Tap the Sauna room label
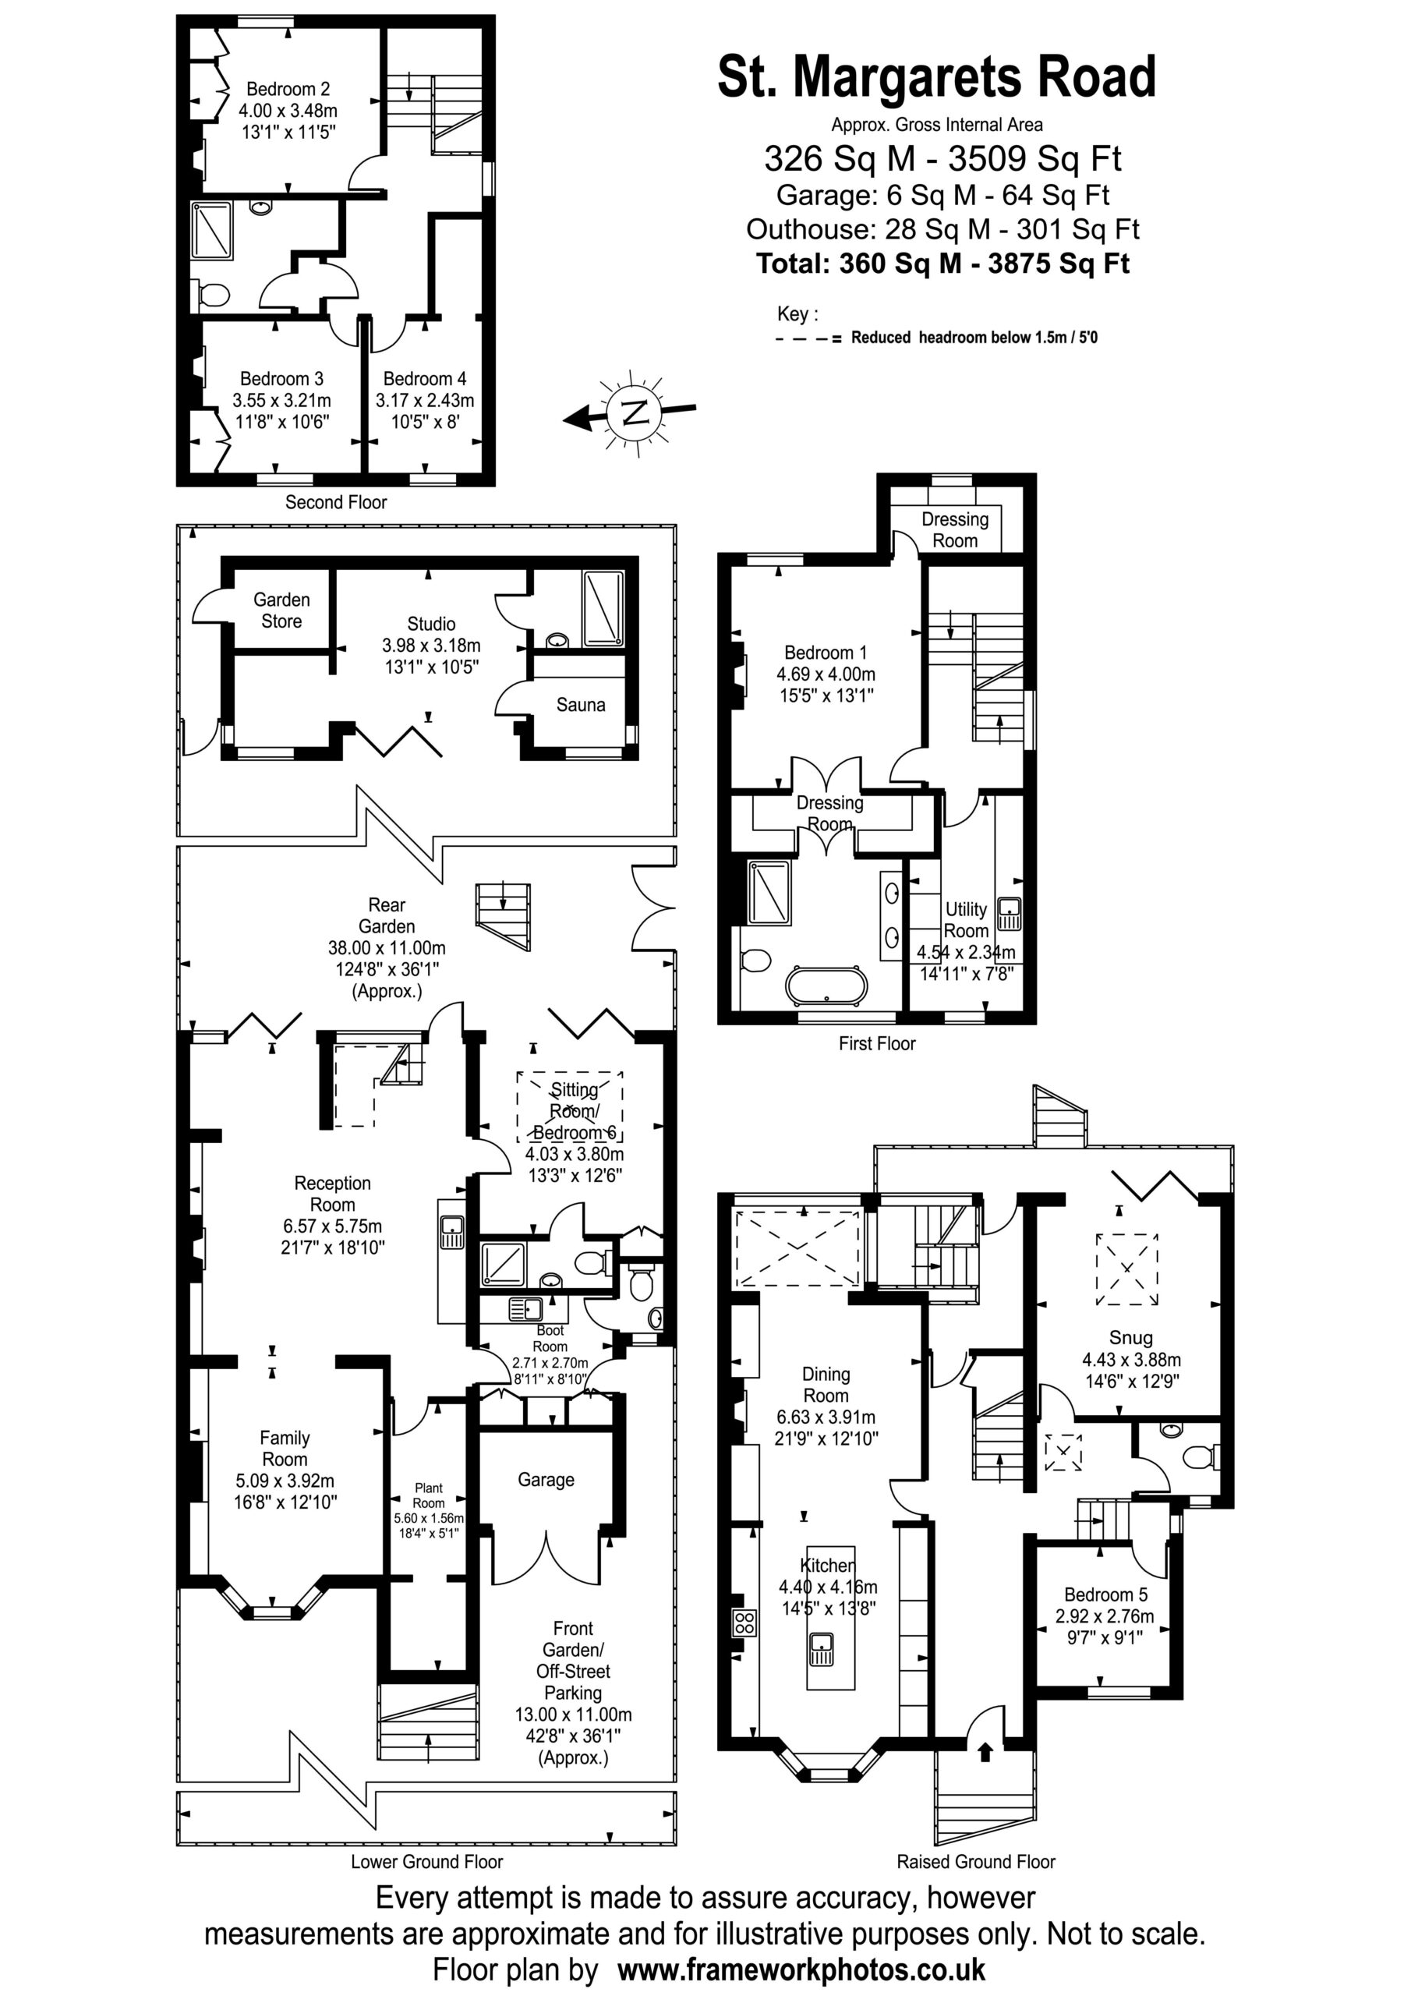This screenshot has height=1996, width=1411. click(581, 704)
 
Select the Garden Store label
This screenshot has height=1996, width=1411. click(281, 610)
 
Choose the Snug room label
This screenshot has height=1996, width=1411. click(1131, 1338)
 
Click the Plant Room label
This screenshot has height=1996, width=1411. click(429, 1495)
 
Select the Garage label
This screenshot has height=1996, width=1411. click(546, 1480)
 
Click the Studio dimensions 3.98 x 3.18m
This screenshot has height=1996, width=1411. click(431, 646)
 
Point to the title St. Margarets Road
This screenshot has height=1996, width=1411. click(936, 76)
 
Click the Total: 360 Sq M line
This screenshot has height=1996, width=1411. click(942, 264)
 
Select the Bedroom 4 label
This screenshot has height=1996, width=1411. click(425, 379)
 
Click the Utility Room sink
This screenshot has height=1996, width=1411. click(1009, 915)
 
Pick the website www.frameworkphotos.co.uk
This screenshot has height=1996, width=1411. click(801, 1969)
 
